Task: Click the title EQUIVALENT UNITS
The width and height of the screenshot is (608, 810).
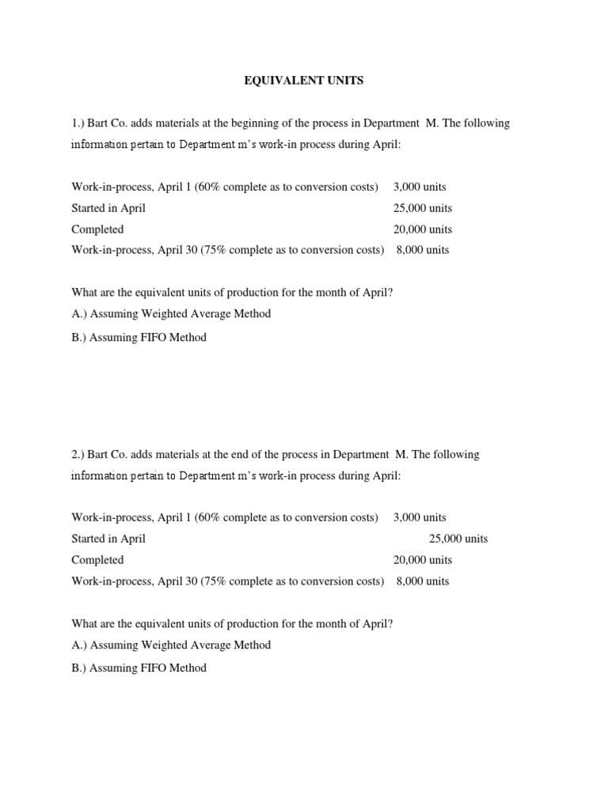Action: click(x=303, y=80)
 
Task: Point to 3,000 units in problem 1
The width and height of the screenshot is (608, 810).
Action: click(x=420, y=187)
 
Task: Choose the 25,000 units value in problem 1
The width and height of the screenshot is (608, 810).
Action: click(x=423, y=208)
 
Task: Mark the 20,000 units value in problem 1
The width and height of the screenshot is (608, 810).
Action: click(x=423, y=229)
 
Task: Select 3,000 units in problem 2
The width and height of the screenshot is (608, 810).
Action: click(x=420, y=517)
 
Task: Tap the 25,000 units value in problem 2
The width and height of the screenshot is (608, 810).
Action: click(x=458, y=539)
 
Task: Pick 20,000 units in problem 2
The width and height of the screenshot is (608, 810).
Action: click(x=423, y=560)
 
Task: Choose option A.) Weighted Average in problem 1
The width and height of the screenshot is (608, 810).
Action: click(x=171, y=313)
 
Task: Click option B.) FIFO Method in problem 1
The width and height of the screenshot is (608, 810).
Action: click(x=139, y=337)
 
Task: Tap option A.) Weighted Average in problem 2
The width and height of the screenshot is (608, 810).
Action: click(x=171, y=645)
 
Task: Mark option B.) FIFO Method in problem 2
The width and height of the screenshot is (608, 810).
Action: click(x=139, y=668)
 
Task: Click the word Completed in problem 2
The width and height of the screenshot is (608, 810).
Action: click(x=97, y=560)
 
